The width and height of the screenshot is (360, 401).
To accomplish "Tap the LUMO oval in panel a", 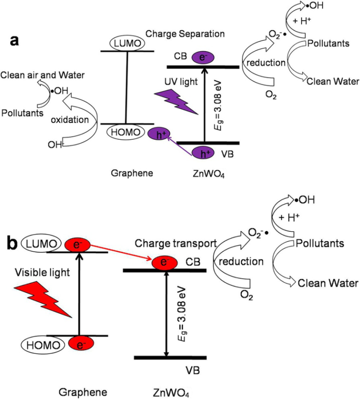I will (127, 43).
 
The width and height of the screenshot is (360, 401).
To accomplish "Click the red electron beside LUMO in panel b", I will (77, 244).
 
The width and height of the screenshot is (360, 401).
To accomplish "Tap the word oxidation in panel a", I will (70, 120).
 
